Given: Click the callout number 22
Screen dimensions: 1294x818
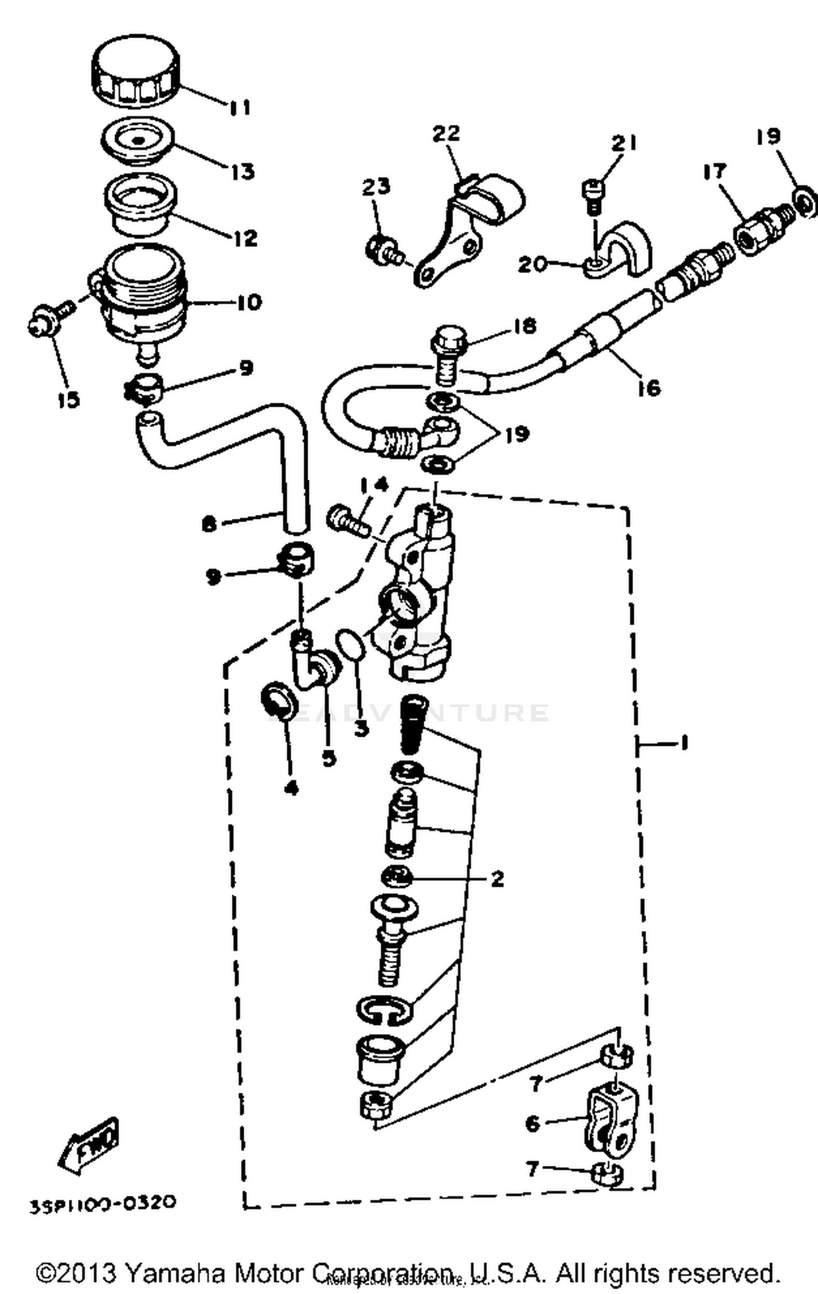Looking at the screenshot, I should pos(446,134).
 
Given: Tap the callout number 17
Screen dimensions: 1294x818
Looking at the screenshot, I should pos(714,171).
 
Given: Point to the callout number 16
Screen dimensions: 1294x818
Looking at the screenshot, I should pos(648,388).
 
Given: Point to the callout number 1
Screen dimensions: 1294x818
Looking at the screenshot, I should pos(684,743).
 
